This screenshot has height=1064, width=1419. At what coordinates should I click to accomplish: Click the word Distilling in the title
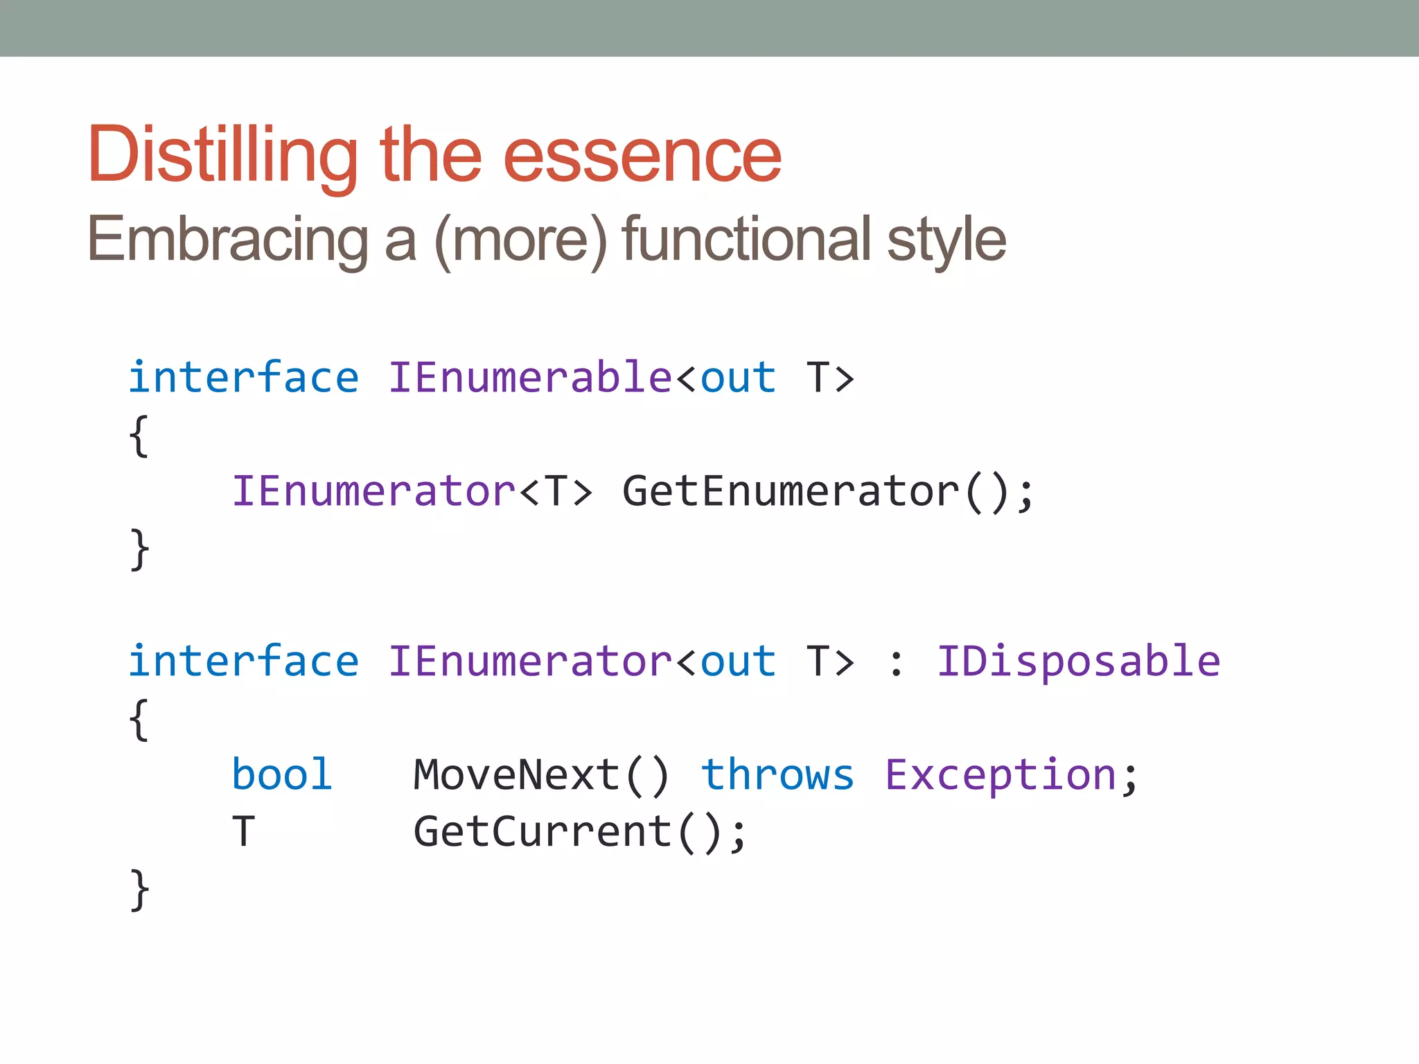point(222,156)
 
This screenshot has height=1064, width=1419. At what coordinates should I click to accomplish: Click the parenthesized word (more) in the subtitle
point(520,240)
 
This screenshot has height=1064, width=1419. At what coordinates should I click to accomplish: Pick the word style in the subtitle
point(946,240)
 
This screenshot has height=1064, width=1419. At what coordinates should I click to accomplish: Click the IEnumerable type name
point(529,378)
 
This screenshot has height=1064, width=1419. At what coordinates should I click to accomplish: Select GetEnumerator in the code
point(791,492)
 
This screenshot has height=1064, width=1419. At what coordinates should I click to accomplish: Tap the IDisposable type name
point(1078,662)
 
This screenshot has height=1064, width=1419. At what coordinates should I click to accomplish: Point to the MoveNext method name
point(517,774)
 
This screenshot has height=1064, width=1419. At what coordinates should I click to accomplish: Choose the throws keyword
point(777,774)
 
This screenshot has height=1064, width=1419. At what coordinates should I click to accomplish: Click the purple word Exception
point(1001,774)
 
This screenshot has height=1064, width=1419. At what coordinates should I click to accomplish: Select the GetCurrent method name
point(543,831)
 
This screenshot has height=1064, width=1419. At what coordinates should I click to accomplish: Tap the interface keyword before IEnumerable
point(244,378)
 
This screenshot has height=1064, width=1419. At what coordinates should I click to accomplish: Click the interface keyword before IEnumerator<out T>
point(244,662)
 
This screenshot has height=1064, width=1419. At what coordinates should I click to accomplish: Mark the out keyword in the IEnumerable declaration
point(738,378)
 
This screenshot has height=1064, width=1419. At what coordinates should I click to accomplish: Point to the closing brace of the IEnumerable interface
point(139,549)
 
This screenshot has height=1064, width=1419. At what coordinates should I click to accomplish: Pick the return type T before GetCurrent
point(243,831)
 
